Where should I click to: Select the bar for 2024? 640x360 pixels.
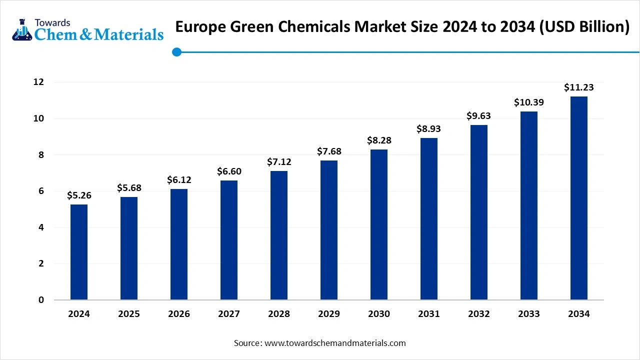point(79,252)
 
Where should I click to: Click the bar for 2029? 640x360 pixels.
point(329,230)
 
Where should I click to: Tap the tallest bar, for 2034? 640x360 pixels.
point(579,198)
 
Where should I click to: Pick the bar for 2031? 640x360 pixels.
point(429,219)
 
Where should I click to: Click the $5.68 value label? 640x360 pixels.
point(129,188)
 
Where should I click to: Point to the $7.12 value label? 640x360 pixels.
point(279,162)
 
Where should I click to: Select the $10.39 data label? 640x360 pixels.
point(529,102)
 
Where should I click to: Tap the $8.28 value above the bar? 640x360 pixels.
point(379,140)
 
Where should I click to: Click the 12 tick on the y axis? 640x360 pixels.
point(38,82)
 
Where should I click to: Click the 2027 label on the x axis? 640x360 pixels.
point(229,314)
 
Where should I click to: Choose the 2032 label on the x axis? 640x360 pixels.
point(479,314)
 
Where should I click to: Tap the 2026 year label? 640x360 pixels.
point(179,314)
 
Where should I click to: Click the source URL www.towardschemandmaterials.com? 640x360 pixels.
point(334,343)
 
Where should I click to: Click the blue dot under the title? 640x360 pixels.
point(176,51)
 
